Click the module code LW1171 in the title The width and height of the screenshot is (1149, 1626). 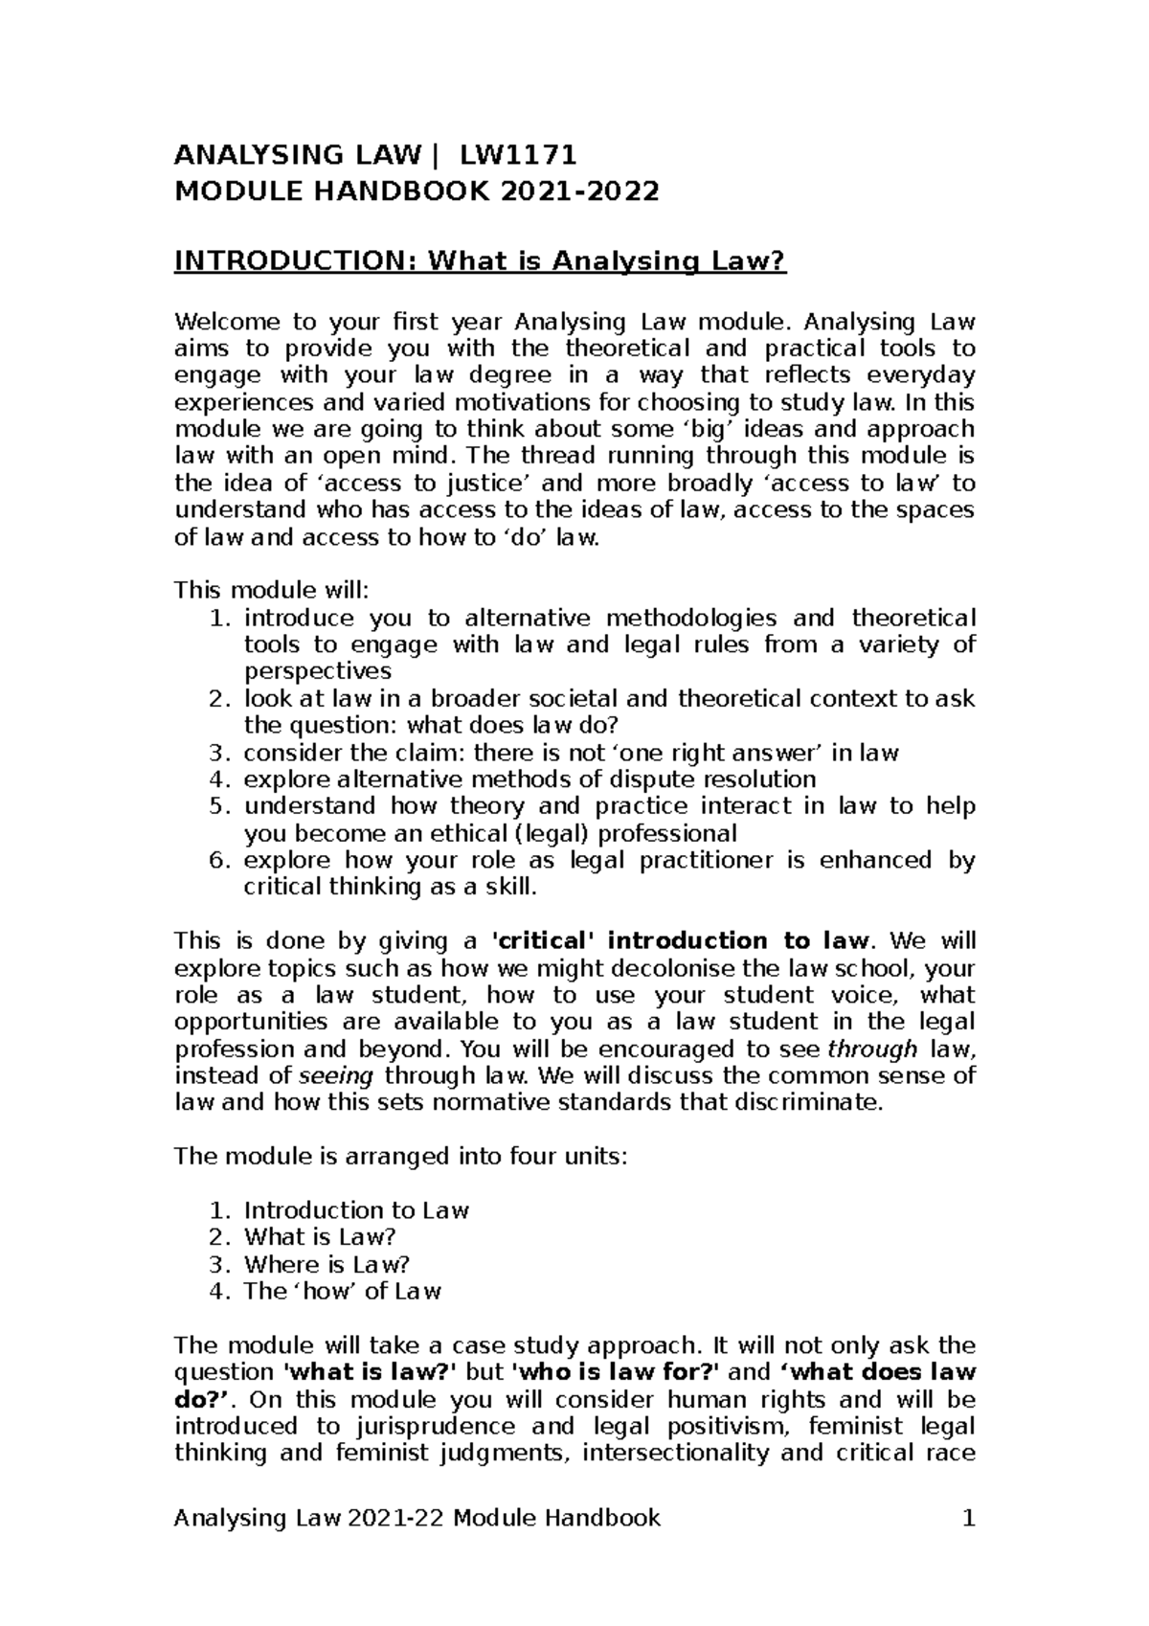click(518, 155)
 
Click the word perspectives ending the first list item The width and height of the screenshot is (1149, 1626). click(318, 671)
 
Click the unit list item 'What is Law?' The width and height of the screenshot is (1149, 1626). click(320, 1237)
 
